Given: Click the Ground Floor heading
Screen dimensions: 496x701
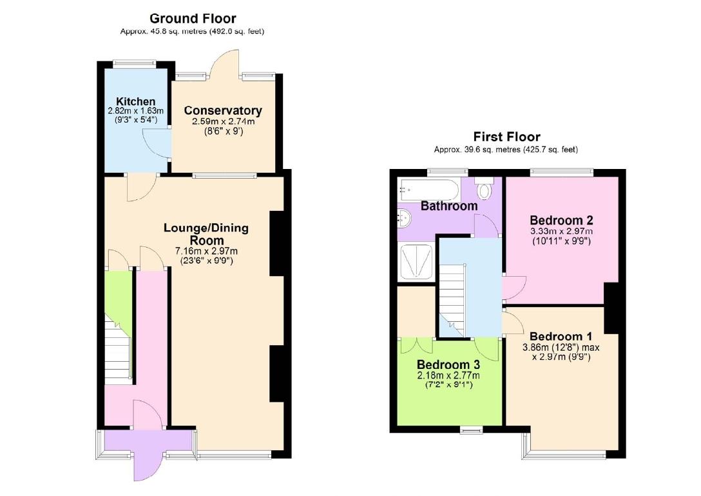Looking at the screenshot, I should (192, 19).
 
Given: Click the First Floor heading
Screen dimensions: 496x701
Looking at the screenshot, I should (506, 137).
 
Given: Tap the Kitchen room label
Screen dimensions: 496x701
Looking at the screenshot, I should (135, 101).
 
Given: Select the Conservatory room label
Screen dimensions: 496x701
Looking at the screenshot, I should (223, 111).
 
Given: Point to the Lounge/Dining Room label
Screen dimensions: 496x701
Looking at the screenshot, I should (206, 233).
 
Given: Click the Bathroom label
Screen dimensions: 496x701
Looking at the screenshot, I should (449, 206).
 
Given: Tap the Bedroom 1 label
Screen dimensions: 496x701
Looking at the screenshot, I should (561, 336).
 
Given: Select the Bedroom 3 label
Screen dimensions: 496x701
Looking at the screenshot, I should (448, 364).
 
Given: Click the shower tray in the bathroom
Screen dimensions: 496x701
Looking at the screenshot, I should (417, 262).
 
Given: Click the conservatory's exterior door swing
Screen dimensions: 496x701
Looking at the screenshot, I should (227, 64).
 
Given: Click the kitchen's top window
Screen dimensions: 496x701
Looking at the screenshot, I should (135, 63).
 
